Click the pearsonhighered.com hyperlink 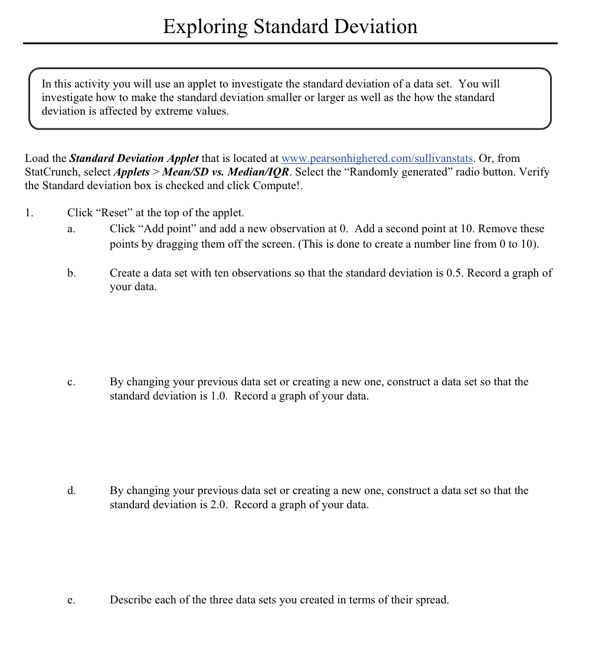pyautogui.click(x=377, y=158)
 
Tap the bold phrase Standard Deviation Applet pyautogui.click(x=134, y=158)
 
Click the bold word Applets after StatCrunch pyautogui.click(x=131, y=172)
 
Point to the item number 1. pyautogui.click(x=29, y=213)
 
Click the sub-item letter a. pyautogui.click(x=71, y=229)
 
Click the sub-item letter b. pyautogui.click(x=71, y=273)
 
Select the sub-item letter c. pyautogui.click(x=71, y=382)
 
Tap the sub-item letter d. pyautogui.click(x=71, y=491)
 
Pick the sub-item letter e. pyautogui.click(x=71, y=600)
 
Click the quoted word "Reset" pyautogui.click(x=114, y=213)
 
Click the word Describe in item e pyautogui.click(x=130, y=600)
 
